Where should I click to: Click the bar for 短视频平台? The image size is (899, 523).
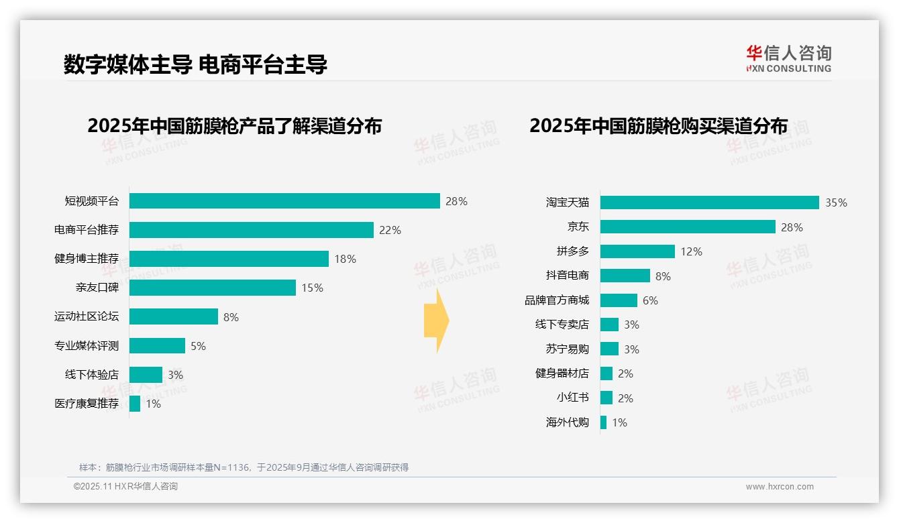point(284,201)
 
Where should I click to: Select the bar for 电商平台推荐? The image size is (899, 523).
point(251,230)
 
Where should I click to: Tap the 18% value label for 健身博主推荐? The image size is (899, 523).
point(345,259)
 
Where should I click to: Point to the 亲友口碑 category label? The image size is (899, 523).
point(97,288)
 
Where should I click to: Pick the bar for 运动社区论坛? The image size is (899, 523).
point(173,316)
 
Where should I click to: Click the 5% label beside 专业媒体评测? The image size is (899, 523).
point(198,346)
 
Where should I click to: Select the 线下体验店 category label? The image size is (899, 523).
point(91,375)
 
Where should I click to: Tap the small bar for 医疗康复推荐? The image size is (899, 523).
point(135,404)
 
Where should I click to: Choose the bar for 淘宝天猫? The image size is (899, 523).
point(709,202)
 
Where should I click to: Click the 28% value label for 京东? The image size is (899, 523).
point(792,227)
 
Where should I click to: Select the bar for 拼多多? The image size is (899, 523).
point(637,251)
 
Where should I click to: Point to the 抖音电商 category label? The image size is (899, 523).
point(567,276)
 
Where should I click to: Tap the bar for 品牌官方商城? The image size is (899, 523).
point(619,300)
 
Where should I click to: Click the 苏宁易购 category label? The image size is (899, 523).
point(567,349)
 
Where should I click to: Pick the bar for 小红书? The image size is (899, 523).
point(606,398)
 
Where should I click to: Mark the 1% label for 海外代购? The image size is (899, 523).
point(619,422)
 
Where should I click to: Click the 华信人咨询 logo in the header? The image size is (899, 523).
point(788,58)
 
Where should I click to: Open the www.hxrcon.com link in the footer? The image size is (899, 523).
point(779,487)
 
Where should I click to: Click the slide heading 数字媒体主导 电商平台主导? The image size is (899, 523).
point(195,65)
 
